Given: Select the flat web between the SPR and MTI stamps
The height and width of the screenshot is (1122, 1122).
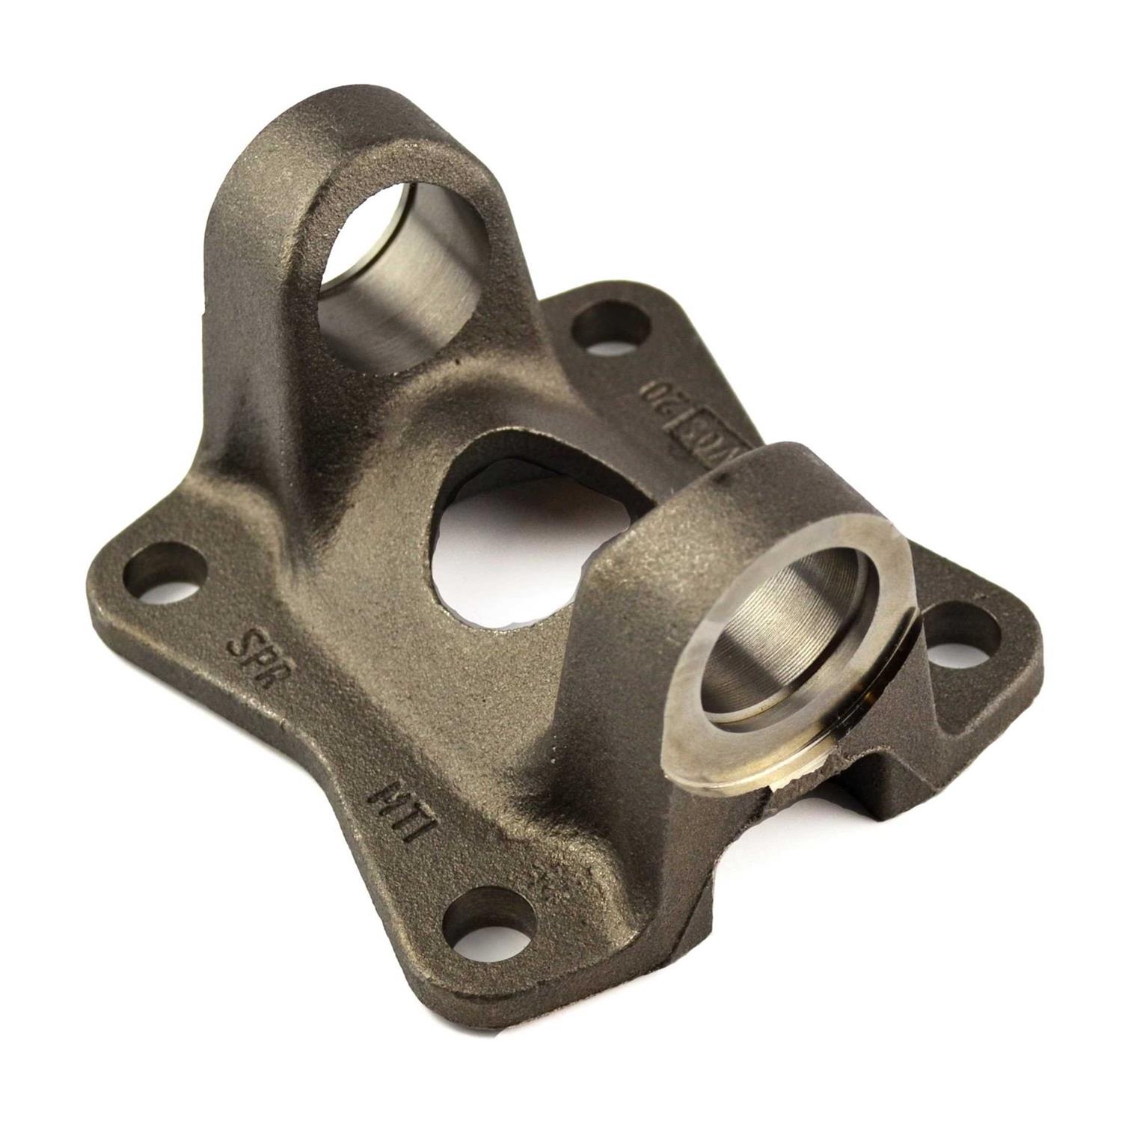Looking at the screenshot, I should pos(322,741).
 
